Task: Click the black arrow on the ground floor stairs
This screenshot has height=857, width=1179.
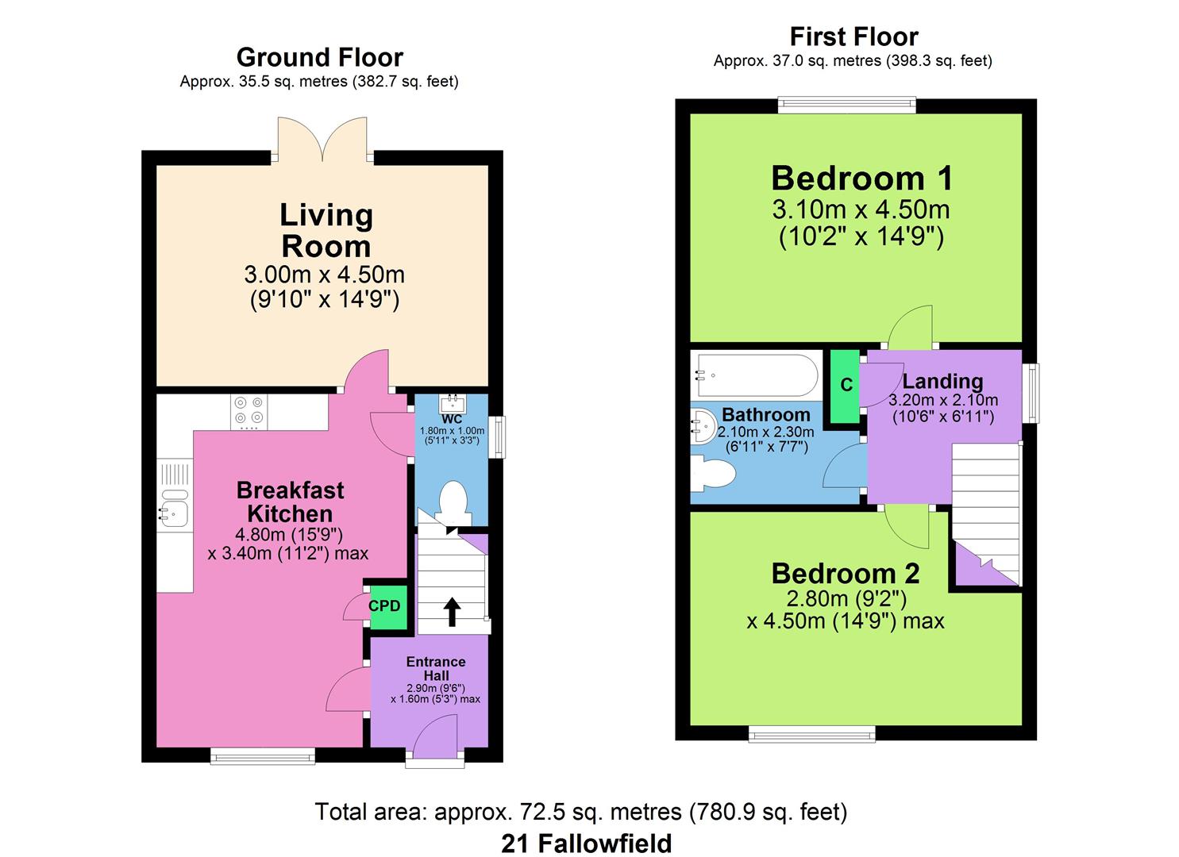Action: click(451, 611)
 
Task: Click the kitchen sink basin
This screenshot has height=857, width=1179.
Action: click(174, 513)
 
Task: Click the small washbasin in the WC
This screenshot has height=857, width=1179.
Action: click(453, 404)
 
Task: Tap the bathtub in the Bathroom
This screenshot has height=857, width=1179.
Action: click(757, 375)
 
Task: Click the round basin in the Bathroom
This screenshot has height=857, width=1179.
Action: click(703, 427)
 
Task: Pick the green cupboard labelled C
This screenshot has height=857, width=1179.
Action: click(846, 386)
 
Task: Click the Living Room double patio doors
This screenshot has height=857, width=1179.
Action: click(322, 140)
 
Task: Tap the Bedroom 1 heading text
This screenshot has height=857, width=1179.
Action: click(861, 179)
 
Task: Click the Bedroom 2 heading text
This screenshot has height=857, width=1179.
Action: click(846, 574)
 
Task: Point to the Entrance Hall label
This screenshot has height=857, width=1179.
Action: click(435, 669)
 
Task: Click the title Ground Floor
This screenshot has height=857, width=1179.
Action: click(319, 57)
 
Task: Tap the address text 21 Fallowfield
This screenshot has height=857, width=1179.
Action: click(587, 844)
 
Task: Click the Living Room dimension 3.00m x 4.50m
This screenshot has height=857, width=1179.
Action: click(324, 274)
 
